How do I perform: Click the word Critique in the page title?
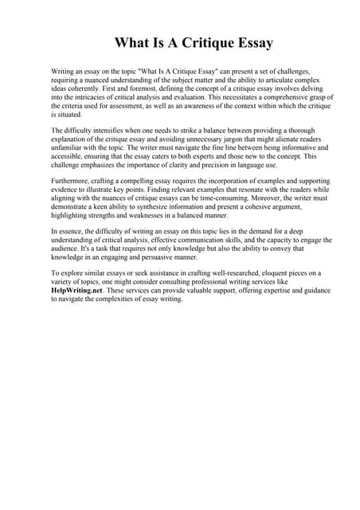click(x=196, y=42)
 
